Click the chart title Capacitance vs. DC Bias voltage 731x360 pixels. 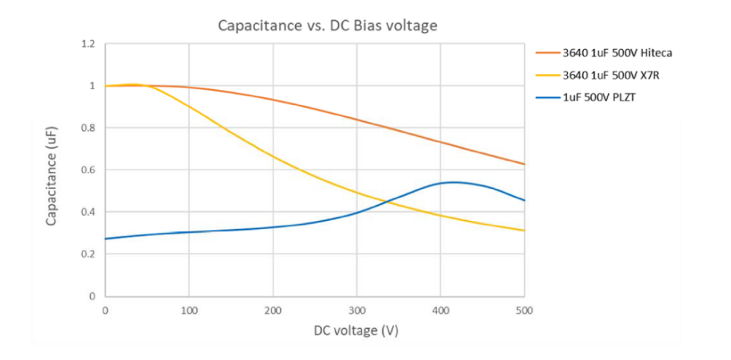326,25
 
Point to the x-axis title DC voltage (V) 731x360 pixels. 315,330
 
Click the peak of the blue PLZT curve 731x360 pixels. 452,181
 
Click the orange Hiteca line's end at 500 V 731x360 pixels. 524,164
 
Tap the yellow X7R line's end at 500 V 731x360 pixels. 524,231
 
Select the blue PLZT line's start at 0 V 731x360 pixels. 106,239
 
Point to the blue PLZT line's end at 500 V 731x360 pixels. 524,200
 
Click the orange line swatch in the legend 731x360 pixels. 547,53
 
